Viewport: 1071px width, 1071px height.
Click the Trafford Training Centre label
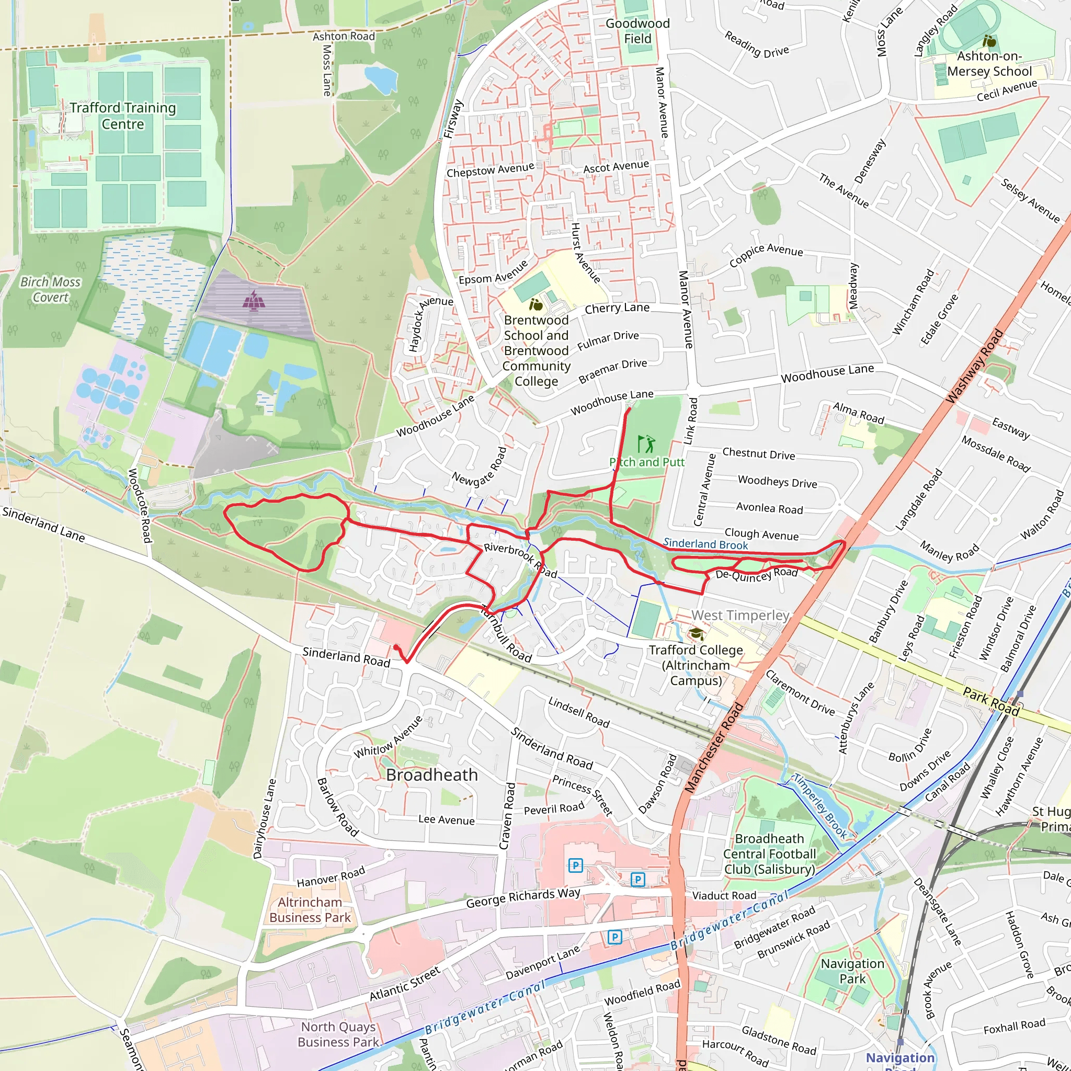click(x=122, y=116)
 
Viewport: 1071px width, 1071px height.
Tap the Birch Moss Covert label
click(x=50, y=289)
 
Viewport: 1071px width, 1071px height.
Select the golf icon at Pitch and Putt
click(x=646, y=443)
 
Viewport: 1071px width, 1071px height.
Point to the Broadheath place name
click(x=432, y=775)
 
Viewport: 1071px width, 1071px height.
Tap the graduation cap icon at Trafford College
click(x=696, y=634)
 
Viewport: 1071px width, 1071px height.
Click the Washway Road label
click(x=975, y=367)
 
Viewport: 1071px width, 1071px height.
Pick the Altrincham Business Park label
click(x=310, y=910)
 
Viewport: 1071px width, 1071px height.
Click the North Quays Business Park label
click(x=338, y=1034)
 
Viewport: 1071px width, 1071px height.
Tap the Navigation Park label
click(x=852, y=971)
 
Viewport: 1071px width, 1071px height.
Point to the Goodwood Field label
click(x=637, y=31)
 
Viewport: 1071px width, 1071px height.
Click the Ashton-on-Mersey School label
click(x=989, y=64)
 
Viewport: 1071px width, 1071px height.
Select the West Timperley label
click(x=740, y=616)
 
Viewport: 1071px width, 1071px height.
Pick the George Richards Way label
click(x=523, y=898)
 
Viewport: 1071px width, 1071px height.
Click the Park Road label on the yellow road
click(x=990, y=701)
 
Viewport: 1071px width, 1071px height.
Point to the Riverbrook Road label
click(x=520, y=560)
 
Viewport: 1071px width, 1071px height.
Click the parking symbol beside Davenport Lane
click(x=614, y=937)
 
